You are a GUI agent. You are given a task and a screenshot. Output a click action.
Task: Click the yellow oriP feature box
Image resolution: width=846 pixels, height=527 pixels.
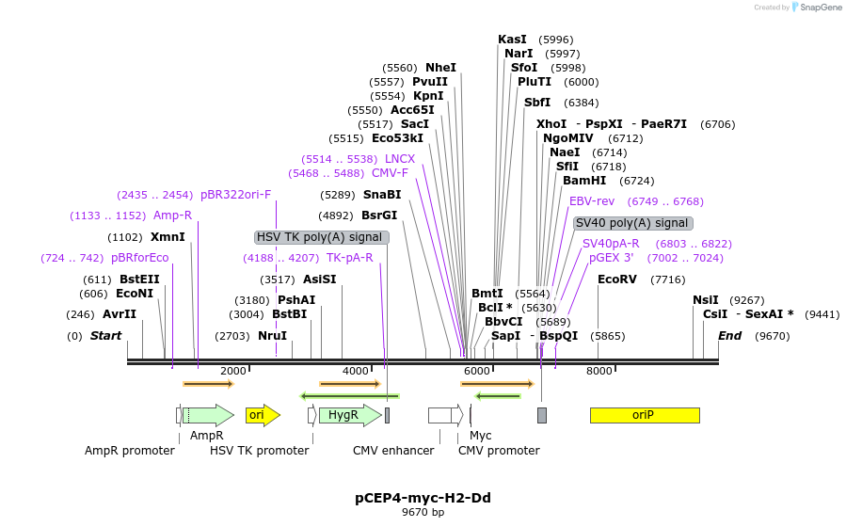click(x=645, y=415)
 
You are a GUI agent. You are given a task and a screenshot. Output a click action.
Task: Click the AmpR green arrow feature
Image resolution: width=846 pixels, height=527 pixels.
click(x=208, y=415)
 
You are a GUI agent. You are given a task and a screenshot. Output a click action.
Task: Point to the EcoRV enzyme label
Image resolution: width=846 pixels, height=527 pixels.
click(x=617, y=279)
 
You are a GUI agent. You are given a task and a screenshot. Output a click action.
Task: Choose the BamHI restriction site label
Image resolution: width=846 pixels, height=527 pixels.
click(x=583, y=181)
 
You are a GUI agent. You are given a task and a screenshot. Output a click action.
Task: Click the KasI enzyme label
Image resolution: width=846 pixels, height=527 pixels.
click(x=512, y=40)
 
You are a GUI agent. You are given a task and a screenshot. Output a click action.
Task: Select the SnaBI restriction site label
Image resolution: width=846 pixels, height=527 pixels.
click(x=382, y=195)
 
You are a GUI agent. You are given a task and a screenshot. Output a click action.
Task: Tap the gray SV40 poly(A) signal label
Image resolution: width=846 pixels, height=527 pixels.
click(x=632, y=223)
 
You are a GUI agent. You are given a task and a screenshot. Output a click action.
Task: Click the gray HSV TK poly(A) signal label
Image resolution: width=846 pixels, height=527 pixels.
click(x=320, y=237)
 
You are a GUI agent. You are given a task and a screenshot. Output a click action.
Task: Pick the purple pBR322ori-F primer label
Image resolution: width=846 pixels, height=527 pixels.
click(x=235, y=195)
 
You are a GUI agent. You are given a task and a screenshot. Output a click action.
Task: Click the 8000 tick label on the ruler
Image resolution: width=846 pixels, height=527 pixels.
click(x=599, y=372)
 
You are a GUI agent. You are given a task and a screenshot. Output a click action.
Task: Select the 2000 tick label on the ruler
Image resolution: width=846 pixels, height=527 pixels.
click(x=232, y=372)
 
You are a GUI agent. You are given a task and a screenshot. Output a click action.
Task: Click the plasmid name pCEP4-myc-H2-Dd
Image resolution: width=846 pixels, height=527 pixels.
click(x=423, y=497)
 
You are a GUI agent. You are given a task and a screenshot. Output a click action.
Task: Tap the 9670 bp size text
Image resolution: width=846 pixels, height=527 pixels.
click(x=423, y=513)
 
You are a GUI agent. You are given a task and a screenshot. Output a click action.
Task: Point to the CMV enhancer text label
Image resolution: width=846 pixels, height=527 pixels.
click(x=393, y=451)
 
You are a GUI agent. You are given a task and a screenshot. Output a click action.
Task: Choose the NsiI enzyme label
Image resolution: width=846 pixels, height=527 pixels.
click(x=706, y=300)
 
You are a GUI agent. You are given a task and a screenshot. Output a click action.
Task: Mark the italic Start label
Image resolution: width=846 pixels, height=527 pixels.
click(x=105, y=336)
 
